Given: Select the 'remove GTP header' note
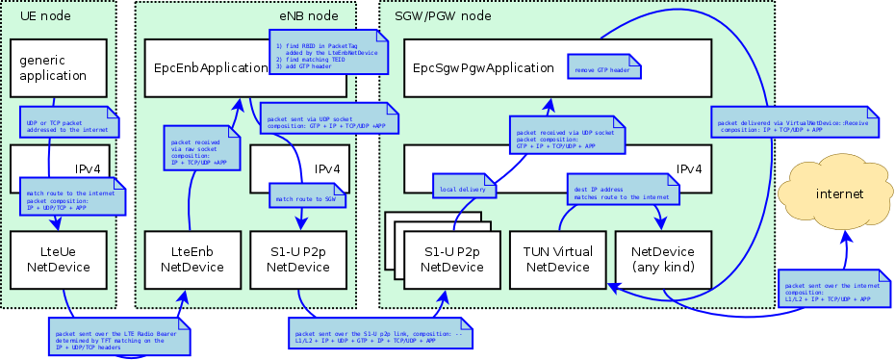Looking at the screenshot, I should pyautogui.click(x=606, y=70).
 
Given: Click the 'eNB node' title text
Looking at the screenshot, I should pyautogui.click(x=308, y=16).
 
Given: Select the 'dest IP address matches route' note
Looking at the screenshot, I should pyautogui.click(x=620, y=189).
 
